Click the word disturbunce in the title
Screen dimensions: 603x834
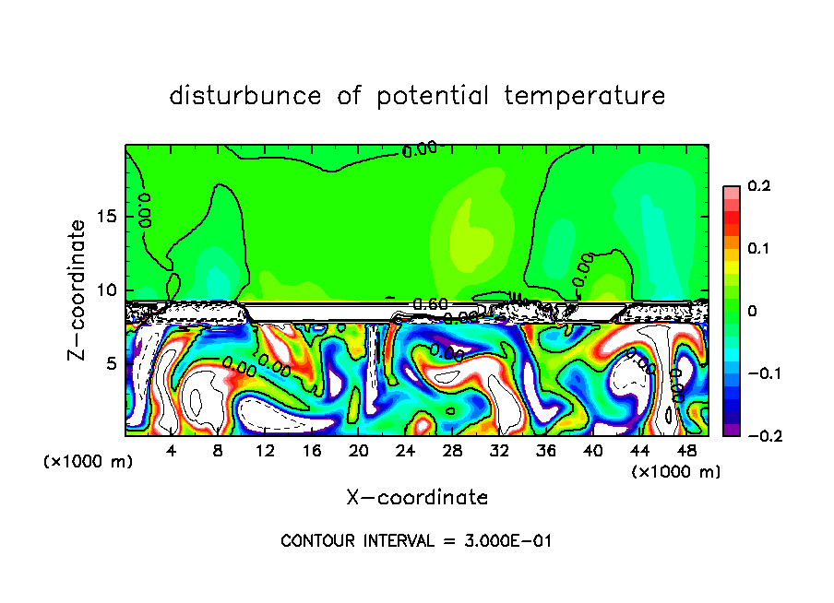245,96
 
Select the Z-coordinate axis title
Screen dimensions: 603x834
78,289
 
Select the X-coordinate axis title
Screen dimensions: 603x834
417,498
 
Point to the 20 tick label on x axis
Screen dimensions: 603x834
359,451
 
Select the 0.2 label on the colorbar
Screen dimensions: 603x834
758,186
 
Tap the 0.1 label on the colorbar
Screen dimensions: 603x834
758,248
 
